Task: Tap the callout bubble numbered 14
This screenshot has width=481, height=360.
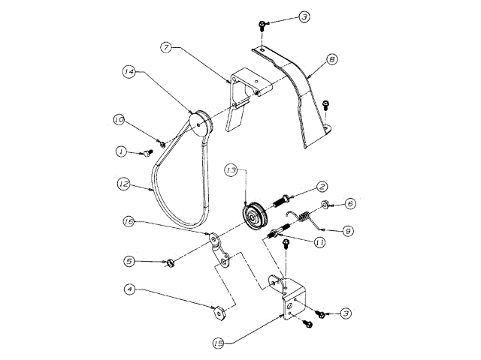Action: coord(129,72)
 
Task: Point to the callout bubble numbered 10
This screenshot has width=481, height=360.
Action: coord(119,119)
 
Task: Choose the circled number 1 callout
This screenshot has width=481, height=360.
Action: coord(120,151)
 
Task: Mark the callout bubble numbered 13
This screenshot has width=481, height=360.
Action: coord(233,172)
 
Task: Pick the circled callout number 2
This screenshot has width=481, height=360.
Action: coord(321,186)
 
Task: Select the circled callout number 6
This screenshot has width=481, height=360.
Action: coord(350,203)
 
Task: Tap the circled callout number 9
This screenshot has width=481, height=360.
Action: coord(348,232)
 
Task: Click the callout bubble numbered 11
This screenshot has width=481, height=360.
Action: coord(319,242)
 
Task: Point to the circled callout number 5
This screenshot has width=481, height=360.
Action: coord(130,262)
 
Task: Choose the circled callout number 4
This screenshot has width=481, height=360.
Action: coord(130,288)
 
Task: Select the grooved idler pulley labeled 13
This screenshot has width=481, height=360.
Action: coord(256,217)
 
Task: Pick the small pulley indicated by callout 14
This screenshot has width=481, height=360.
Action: coord(201,122)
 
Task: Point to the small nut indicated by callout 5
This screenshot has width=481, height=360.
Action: coord(169,263)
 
